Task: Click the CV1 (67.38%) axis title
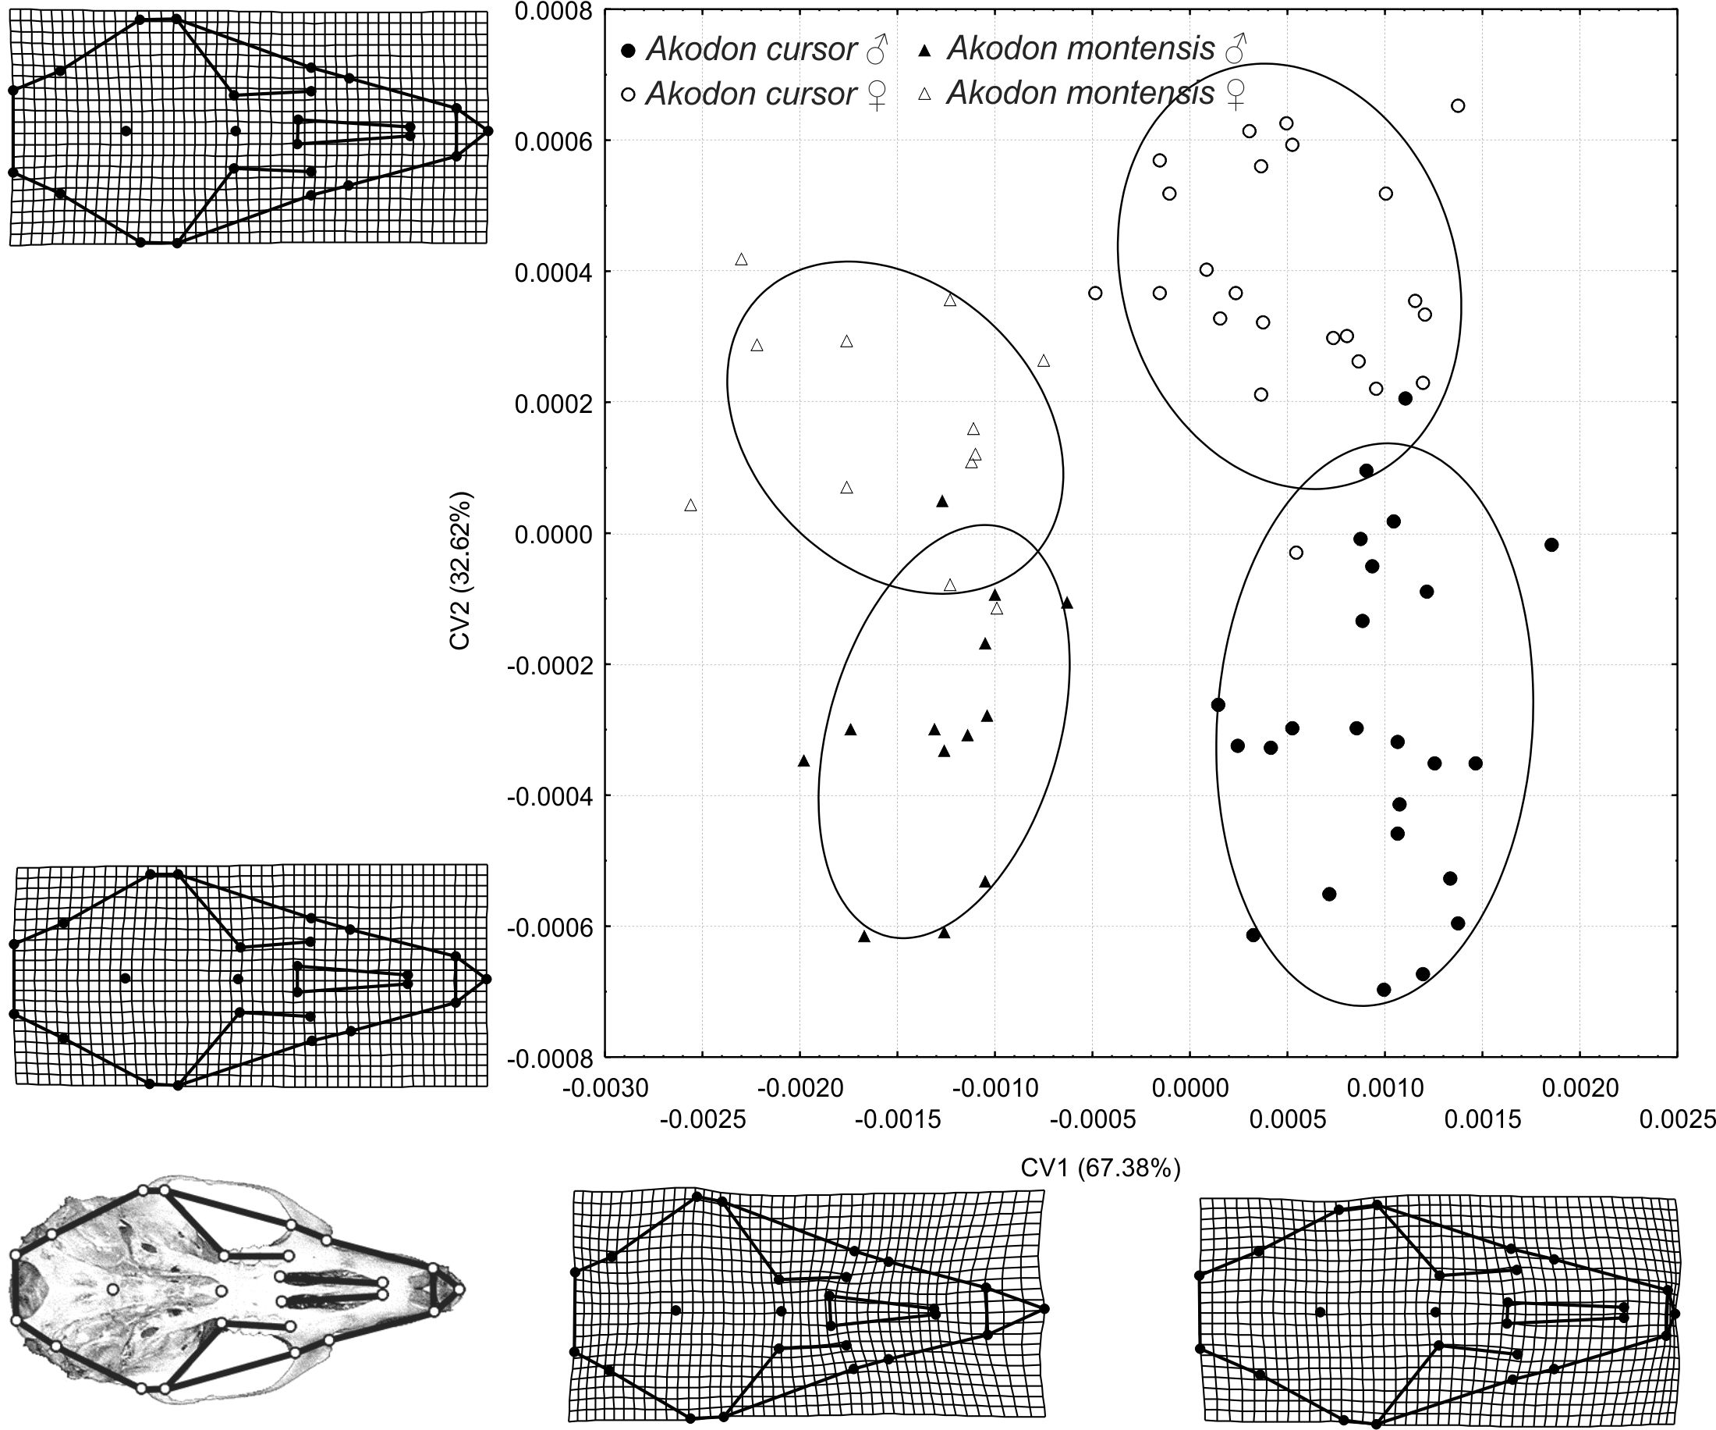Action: (1100, 1169)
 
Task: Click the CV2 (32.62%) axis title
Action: (460, 570)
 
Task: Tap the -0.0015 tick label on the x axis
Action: (897, 1119)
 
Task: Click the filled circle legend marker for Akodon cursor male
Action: (629, 52)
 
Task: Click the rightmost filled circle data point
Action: (1551, 545)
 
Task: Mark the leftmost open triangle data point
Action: (690, 505)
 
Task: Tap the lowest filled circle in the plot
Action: (1384, 989)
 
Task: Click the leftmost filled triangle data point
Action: (803, 760)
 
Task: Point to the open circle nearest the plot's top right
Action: (1458, 105)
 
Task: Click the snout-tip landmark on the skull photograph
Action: (459, 1289)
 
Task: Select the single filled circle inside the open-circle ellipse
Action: (1406, 398)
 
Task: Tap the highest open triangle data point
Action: (741, 259)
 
